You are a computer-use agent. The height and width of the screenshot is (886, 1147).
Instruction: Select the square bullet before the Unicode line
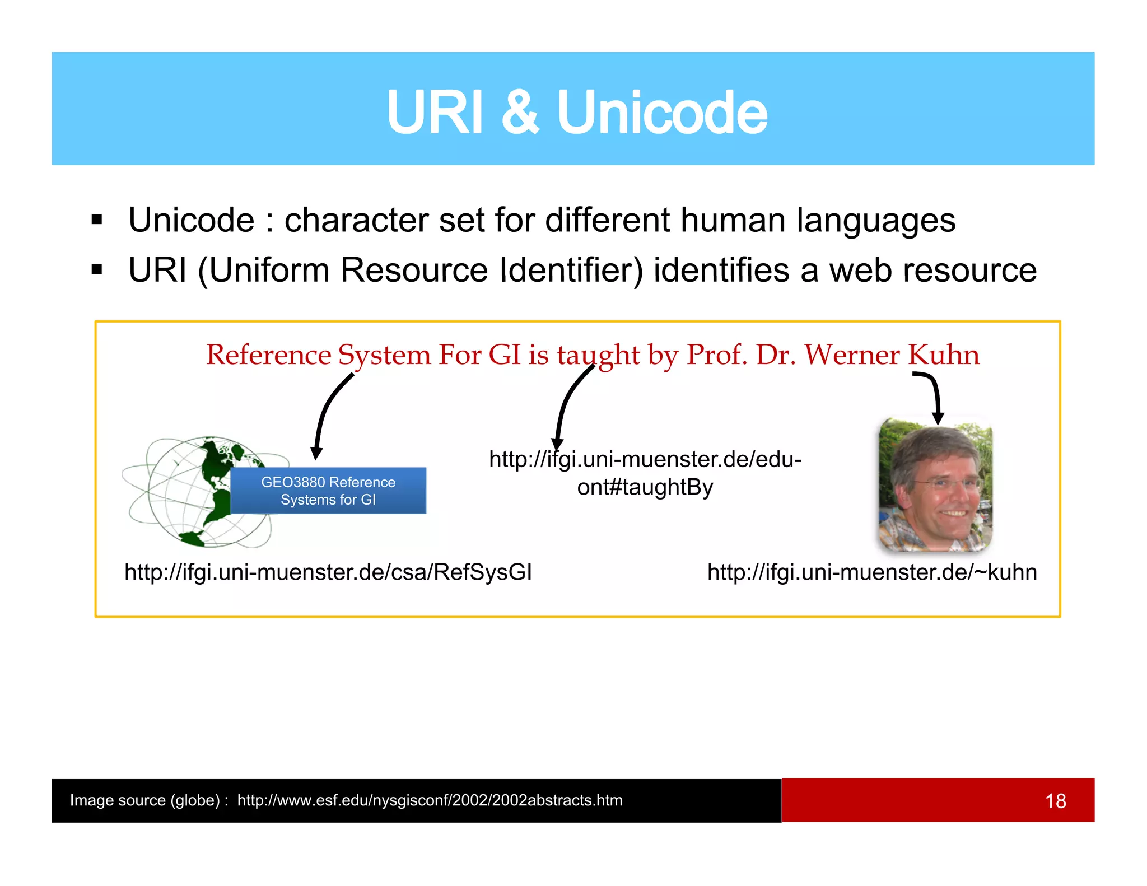point(97,219)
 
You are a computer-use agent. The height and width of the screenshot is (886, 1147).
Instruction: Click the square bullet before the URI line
point(97,269)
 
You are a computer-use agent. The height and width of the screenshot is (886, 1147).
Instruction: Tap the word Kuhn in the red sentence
point(944,355)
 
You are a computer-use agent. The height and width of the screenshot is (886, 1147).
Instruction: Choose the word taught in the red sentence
point(598,355)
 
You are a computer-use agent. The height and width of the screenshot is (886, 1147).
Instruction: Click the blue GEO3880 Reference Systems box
point(328,491)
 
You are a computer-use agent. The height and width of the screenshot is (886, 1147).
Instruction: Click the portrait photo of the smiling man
point(935,484)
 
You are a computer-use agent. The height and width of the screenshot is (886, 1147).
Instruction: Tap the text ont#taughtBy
point(645,487)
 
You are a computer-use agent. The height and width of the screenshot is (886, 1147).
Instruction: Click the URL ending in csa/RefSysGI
point(328,572)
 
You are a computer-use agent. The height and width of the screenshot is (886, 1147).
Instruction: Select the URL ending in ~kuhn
point(872,572)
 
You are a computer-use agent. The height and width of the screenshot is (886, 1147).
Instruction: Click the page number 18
point(1055,801)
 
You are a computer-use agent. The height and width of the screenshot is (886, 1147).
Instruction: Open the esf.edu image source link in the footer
point(430,800)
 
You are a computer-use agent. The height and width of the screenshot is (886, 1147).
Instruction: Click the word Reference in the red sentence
point(268,355)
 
